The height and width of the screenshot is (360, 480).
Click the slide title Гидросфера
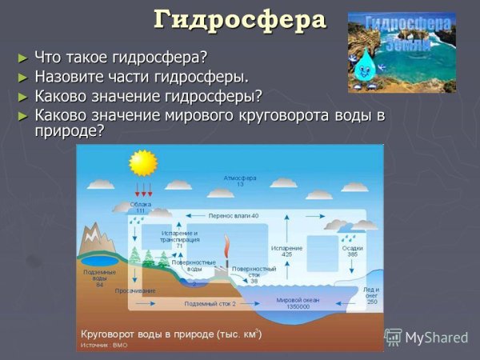tap(240, 19)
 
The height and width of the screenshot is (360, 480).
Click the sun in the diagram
tap(144, 162)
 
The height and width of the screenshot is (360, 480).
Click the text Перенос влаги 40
tap(234, 216)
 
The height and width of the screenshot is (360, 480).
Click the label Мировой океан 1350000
tap(293, 303)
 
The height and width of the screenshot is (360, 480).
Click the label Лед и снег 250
tap(371, 295)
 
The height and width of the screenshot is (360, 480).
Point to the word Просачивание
tap(135, 290)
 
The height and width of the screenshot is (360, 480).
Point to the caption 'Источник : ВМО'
tap(102, 346)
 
